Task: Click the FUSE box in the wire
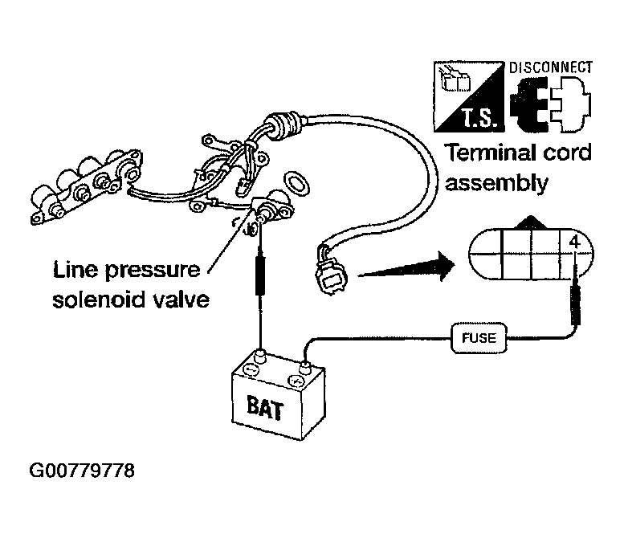(479, 338)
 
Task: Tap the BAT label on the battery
(265, 407)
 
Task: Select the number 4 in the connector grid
(575, 242)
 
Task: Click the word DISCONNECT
(551, 67)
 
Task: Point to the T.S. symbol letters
(480, 118)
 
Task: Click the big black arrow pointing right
(406, 266)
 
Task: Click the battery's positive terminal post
(305, 365)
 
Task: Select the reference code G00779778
(82, 471)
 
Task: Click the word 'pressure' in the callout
(152, 271)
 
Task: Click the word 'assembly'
(496, 184)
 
